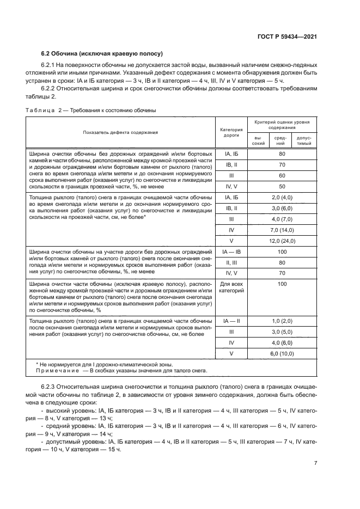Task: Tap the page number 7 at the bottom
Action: pos(315,463)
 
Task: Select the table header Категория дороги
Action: pos(230,132)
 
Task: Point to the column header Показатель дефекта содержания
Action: pos(120,132)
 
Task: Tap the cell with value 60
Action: pos(282,175)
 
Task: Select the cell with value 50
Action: pos(282,186)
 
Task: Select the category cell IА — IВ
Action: pos(230,252)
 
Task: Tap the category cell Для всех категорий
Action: pos(230,287)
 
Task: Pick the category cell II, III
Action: pos(230,262)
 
